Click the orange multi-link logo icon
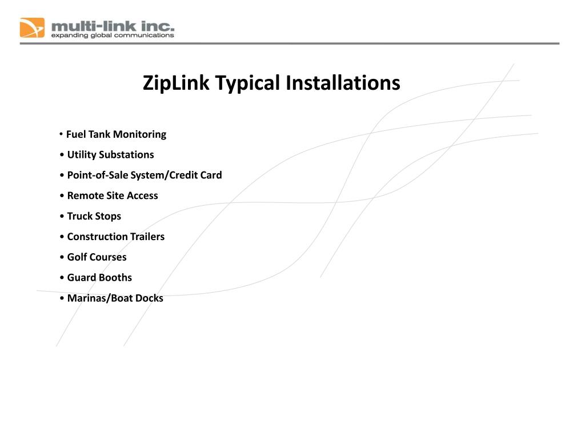tap(32, 27)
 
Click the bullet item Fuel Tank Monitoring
tap(116, 134)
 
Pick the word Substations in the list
tap(126, 155)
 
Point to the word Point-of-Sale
tap(97, 175)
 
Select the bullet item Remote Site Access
tap(112, 195)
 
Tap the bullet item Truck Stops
tap(94, 216)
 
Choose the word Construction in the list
tap(98, 237)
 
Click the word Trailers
tap(148, 237)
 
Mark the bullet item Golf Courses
tap(97, 257)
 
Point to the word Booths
tap(115, 278)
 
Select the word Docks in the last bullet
tap(149, 298)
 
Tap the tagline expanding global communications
tap(113, 35)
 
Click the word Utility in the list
tap(82, 155)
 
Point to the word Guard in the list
tap(82, 278)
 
